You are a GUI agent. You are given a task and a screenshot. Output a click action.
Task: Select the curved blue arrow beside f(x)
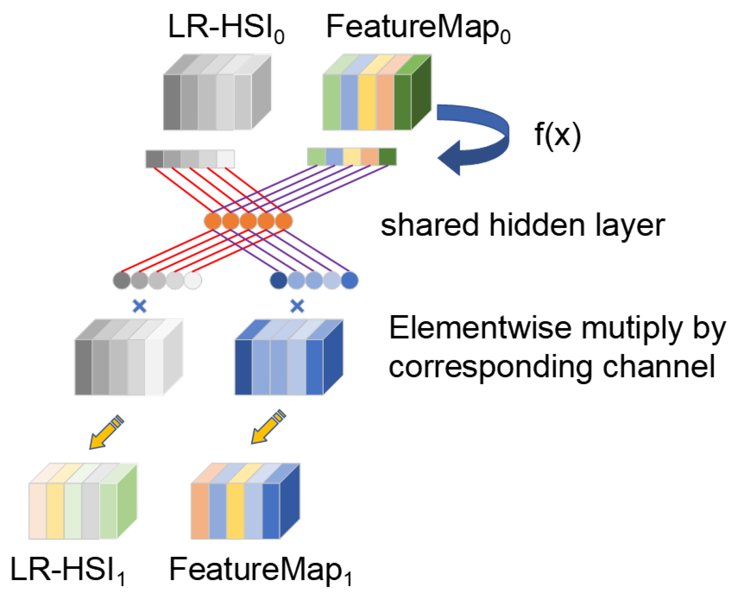point(478,136)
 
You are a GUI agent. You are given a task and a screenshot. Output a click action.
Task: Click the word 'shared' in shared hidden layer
point(429,225)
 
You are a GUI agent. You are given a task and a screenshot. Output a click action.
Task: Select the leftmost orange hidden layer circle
point(213,221)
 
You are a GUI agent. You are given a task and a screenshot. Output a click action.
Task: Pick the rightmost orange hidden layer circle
point(284,221)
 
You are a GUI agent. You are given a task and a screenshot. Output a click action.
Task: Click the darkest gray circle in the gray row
point(122,280)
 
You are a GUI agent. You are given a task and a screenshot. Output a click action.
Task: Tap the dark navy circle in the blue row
point(279,280)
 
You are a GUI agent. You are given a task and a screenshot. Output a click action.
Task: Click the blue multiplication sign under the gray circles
point(139,306)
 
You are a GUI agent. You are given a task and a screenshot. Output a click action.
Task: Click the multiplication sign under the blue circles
point(297,306)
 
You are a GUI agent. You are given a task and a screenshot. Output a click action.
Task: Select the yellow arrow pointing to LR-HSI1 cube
point(106,433)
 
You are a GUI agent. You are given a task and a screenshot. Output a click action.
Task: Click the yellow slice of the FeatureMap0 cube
point(367,102)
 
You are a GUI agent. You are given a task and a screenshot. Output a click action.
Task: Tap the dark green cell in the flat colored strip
point(387,157)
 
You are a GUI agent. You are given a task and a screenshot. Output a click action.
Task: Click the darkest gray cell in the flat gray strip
point(154,159)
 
